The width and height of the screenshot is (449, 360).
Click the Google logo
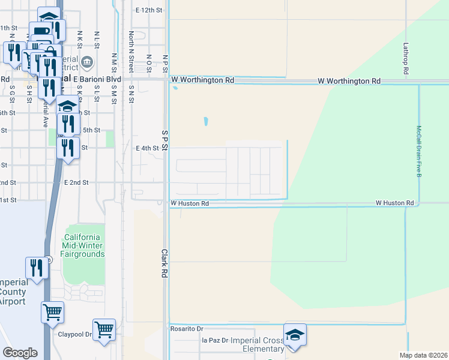click(x=20, y=352)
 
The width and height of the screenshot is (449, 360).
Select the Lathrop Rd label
click(x=406, y=58)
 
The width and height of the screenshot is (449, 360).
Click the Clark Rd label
click(x=163, y=263)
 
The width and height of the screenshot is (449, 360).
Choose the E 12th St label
click(x=149, y=10)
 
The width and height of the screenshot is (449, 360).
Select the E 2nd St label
click(x=76, y=182)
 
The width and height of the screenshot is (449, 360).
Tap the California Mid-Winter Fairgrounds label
click(x=83, y=245)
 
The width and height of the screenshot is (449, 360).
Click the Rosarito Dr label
click(x=187, y=329)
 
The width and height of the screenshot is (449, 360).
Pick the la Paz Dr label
click(x=215, y=340)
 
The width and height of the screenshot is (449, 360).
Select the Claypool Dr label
click(x=75, y=335)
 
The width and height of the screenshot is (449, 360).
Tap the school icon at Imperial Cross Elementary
click(x=295, y=334)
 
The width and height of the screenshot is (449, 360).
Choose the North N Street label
click(x=131, y=46)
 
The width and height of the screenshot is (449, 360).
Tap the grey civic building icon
click(x=87, y=62)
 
